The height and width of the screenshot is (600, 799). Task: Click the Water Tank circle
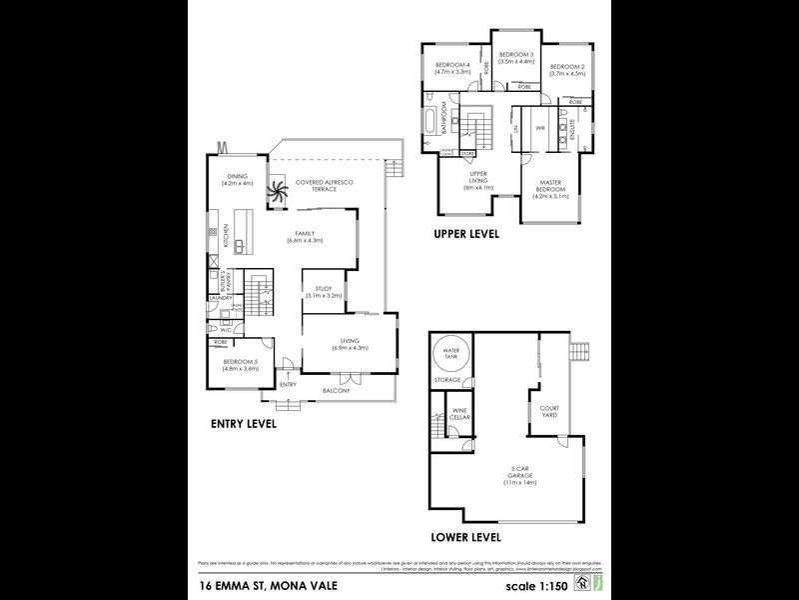coord(447,354)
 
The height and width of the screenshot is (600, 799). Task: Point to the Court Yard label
coord(549,411)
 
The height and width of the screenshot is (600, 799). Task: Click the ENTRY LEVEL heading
coord(243,423)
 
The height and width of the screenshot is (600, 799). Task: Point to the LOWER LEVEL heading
coord(465,536)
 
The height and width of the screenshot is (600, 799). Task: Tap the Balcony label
coord(336,390)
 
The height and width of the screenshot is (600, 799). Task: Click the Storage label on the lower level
coord(447,380)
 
